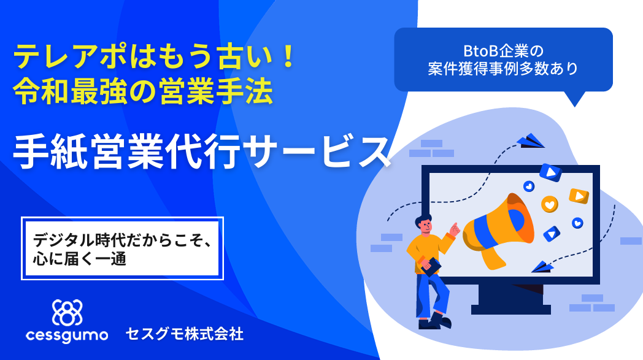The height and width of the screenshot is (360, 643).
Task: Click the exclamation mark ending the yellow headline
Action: tap(288, 57)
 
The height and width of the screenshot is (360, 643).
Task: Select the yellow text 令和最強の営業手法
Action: tap(143, 91)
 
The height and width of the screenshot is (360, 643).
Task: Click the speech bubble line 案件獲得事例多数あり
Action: tap(503, 69)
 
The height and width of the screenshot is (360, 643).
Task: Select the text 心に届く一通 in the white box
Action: tap(80, 259)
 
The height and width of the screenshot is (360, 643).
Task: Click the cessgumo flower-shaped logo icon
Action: tap(67, 313)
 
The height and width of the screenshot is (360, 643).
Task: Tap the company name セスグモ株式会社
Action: tap(185, 334)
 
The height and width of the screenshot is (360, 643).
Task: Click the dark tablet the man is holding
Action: tap(431, 267)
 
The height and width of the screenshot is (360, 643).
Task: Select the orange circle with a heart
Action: tap(550, 204)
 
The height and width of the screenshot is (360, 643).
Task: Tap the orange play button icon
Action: tap(579, 196)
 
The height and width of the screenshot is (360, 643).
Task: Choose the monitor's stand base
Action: tap(511, 309)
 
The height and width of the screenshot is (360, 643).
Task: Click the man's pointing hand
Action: tap(455, 229)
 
